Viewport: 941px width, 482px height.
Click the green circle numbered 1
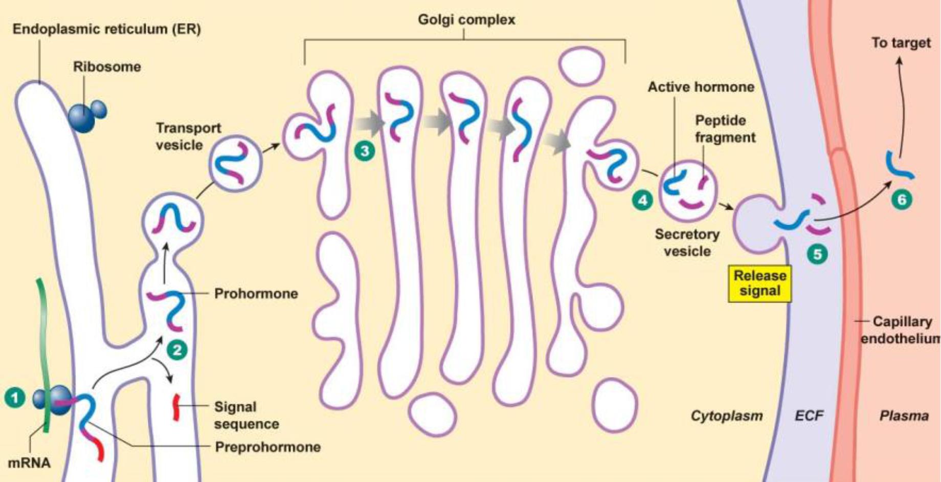(x=15, y=398)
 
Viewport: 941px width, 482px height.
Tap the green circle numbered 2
(x=177, y=350)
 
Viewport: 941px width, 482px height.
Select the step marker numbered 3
(x=365, y=151)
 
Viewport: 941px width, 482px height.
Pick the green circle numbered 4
(x=642, y=200)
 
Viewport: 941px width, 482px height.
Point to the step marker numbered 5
(x=817, y=254)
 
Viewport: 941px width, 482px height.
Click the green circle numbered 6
(x=902, y=199)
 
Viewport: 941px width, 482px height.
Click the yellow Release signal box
(x=760, y=283)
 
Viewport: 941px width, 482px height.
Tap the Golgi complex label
(x=466, y=20)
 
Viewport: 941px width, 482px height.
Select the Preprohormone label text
(x=267, y=447)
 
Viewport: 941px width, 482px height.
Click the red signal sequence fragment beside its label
(x=176, y=407)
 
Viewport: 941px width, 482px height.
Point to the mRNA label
(x=29, y=463)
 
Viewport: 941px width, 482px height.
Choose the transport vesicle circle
(x=235, y=163)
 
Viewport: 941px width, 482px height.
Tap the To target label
(x=901, y=42)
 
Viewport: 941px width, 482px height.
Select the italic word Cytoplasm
(x=726, y=416)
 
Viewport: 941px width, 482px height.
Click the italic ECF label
(x=809, y=416)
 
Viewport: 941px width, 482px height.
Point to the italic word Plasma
(x=904, y=416)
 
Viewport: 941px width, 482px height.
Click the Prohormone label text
(x=256, y=294)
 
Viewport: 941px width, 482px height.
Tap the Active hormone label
(x=701, y=87)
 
